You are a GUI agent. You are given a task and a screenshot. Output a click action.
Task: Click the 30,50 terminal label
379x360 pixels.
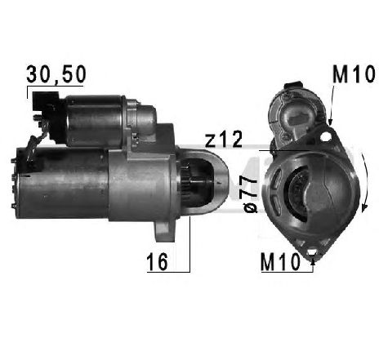(56, 74)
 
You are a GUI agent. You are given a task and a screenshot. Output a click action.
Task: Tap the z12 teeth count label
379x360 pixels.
(223, 139)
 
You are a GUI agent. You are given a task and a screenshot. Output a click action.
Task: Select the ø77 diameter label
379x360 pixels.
(250, 193)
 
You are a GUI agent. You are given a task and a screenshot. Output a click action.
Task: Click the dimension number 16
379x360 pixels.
(157, 261)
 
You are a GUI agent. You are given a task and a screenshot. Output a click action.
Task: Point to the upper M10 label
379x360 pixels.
(354, 74)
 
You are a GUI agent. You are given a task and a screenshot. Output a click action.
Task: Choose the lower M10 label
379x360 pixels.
(280, 262)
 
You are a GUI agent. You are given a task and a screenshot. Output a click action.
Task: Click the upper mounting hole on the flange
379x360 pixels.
(325, 136)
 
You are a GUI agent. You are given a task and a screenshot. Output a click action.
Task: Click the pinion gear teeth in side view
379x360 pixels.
(186, 181)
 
